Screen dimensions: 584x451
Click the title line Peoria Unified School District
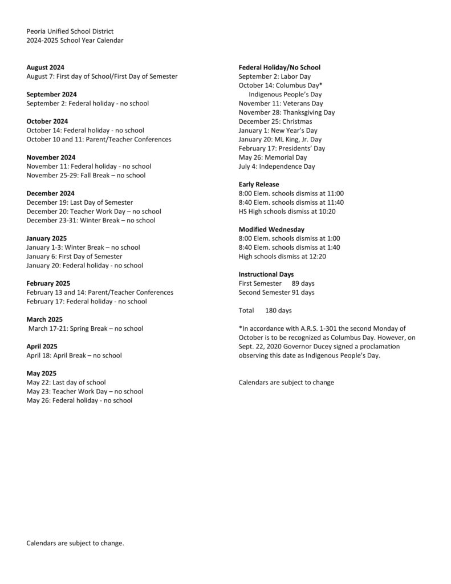click(x=74, y=31)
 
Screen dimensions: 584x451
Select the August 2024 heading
click(x=45, y=67)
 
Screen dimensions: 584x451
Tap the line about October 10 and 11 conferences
click(x=99, y=139)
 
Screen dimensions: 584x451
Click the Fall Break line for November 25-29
click(x=86, y=175)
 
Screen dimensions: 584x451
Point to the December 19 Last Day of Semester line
click(x=79, y=202)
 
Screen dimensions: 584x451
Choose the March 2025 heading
click(x=44, y=319)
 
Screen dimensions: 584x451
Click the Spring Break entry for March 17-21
click(x=86, y=328)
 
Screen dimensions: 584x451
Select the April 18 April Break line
click(x=74, y=355)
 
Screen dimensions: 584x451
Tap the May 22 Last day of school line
click(x=66, y=382)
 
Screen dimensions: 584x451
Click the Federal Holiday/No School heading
click(x=279, y=67)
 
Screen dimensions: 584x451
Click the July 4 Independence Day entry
click(x=276, y=167)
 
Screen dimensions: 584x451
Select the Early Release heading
click(x=258, y=184)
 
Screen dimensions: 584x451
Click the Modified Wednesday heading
click(x=271, y=229)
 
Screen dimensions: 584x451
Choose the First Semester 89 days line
click(x=276, y=283)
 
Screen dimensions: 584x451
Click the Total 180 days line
click(x=265, y=310)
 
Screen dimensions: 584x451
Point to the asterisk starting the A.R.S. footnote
click(x=240, y=328)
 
